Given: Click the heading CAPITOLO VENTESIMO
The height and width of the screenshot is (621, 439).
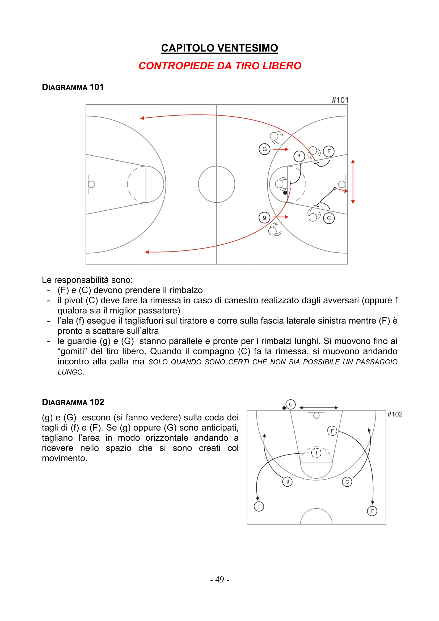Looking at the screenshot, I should coord(219,48).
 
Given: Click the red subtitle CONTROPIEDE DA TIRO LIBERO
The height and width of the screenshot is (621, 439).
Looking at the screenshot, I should coord(219,66).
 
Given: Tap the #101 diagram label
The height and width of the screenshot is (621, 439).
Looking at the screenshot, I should coord(340,100).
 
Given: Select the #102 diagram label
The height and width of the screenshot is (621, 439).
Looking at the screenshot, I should coord(395,414).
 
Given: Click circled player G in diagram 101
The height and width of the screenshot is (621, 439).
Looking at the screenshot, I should coord(264,149).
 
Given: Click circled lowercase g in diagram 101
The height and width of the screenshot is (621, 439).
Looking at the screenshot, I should coord(264,218).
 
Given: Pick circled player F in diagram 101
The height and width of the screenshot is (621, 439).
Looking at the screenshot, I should coord(328,151).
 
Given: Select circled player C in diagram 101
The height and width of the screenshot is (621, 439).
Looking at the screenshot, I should coord(329,218).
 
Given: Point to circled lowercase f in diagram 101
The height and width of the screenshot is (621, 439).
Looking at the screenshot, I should coord(299,156).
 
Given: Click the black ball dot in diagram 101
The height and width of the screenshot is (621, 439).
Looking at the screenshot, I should coord(285,193).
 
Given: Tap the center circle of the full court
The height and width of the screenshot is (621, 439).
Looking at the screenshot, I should coord(217,184).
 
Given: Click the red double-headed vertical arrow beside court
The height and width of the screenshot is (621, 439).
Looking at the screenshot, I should coord(353,181).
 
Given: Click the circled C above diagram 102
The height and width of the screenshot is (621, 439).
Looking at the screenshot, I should coord(290,405).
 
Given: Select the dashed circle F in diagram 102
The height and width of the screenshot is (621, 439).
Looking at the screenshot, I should coord(332,431).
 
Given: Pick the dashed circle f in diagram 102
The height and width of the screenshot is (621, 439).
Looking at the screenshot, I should coord(316,453).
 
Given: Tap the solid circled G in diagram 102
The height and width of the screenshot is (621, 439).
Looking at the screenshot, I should coord(347,482).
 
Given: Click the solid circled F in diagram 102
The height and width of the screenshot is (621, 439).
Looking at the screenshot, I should coord(372,511).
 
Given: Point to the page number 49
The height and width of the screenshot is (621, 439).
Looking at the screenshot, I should coord(219,579).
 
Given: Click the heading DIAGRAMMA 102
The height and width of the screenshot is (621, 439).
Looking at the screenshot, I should coord(73,402).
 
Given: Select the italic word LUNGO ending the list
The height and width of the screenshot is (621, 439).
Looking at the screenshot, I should coord(70,372).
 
